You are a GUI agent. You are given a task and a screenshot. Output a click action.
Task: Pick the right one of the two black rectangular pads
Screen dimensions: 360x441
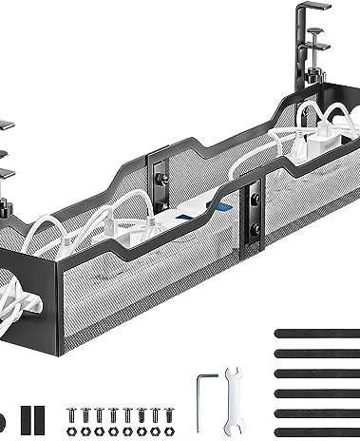pyautogui.click(x=41, y=419)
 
